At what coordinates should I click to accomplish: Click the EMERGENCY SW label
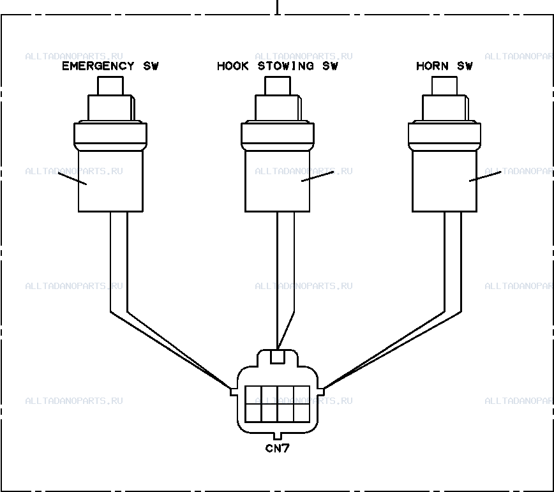tap(110, 66)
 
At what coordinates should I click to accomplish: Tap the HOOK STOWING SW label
tap(278, 66)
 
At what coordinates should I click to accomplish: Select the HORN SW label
tap(444, 66)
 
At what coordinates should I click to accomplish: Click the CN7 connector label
tap(278, 449)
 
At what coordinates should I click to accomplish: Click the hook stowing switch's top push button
tap(278, 86)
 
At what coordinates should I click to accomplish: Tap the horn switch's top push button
tap(444, 86)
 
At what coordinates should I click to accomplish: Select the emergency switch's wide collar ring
tap(110, 136)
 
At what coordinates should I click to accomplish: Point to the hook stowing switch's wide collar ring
tap(278, 136)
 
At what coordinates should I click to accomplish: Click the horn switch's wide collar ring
tap(444, 136)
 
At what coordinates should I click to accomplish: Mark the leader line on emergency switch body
tap(72, 179)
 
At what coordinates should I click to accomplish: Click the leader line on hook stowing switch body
tap(318, 176)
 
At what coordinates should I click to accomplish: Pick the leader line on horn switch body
tap(485, 176)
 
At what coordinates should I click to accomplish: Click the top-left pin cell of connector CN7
tap(253, 395)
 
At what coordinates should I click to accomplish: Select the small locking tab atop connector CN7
tap(278, 356)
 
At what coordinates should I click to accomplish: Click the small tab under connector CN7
tap(278, 436)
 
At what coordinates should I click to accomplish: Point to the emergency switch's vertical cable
tap(119, 262)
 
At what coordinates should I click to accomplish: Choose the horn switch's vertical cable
tap(453, 262)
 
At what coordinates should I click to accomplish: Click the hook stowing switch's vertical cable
tap(285, 262)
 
